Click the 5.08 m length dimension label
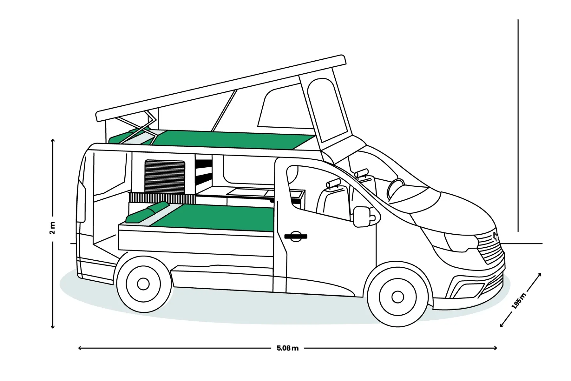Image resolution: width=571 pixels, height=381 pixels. pos(287,348)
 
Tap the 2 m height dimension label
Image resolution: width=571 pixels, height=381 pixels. pos(52,228)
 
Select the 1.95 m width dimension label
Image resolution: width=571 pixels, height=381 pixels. pos(519,301)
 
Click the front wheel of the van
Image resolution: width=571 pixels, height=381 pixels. pos(397,297)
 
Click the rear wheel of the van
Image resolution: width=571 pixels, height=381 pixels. pos(143,284)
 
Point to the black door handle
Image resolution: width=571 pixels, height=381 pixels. pos(296,237)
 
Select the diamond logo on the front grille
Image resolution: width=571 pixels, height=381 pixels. pos(496,237)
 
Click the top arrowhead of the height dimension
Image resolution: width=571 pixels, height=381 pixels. pos(53,141)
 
